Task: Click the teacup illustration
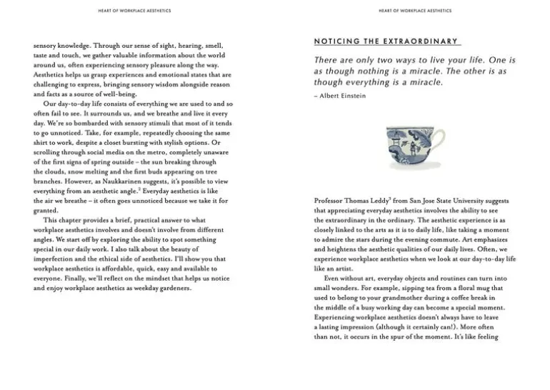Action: click(414, 147)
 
